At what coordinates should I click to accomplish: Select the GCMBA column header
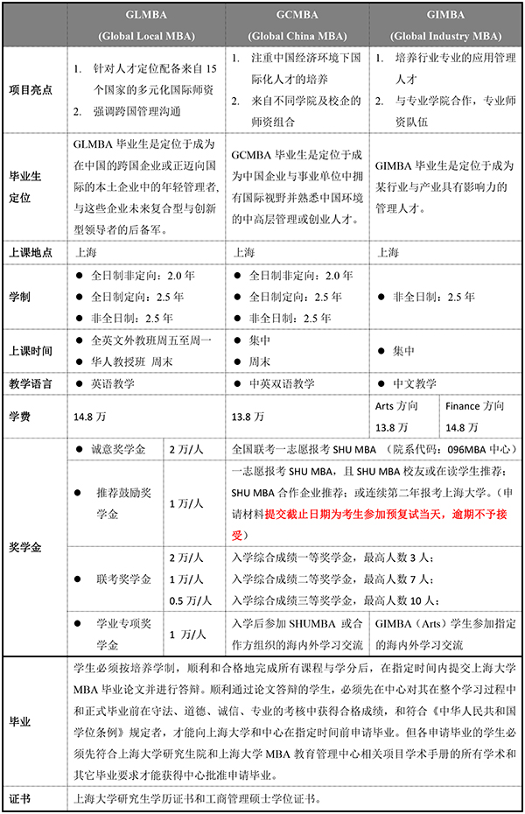pyautogui.click(x=298, y=25)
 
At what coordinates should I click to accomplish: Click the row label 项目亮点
pyautogui.click(x=31, y=88)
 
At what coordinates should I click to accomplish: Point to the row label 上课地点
pyautogui.click(x=31, y=252)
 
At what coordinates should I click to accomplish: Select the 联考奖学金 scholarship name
pyautogui.click(x=122, y=579)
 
